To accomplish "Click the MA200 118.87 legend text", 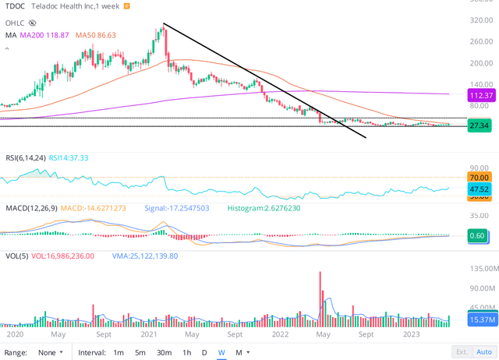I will pos(44,35).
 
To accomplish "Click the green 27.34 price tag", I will pos(478,125).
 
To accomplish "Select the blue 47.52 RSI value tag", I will pos(478,189).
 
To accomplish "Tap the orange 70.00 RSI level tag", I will pos(478,178).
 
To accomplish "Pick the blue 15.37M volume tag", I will pos(478,319).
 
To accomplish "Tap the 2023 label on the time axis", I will pos(413,334).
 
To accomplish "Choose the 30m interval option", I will pos(164,352).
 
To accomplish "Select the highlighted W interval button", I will pos(221,352).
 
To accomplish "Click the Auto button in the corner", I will pos(483,352).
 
